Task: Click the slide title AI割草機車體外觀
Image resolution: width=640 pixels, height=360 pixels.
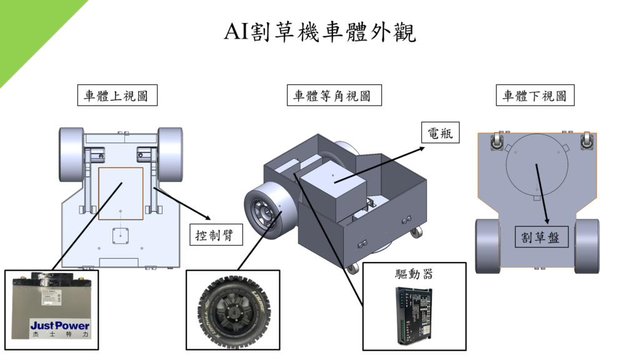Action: pyautogui.click(x=320, y=31)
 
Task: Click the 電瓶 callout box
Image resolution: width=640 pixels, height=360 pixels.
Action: pyautogui.click(x=439, y=132)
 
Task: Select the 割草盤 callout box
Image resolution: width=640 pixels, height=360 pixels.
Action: pyautogui.click(x=541, y=237)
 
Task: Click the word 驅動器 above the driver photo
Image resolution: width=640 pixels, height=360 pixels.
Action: pyautogui.click(x=414, y=274)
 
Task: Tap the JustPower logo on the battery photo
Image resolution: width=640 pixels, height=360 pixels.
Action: pyautogui.click(x=60, y=326)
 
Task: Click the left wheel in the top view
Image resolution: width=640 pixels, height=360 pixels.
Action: pyautogui.click(x=71, y=154)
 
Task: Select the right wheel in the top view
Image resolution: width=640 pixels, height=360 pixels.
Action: pyautogui.click(x=170, y=154)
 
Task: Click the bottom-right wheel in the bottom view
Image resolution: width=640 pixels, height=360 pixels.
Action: pyautogui.click(x=587, y=246)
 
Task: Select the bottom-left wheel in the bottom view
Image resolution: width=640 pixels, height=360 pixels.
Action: pyautogui.click(x=487, y=246)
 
